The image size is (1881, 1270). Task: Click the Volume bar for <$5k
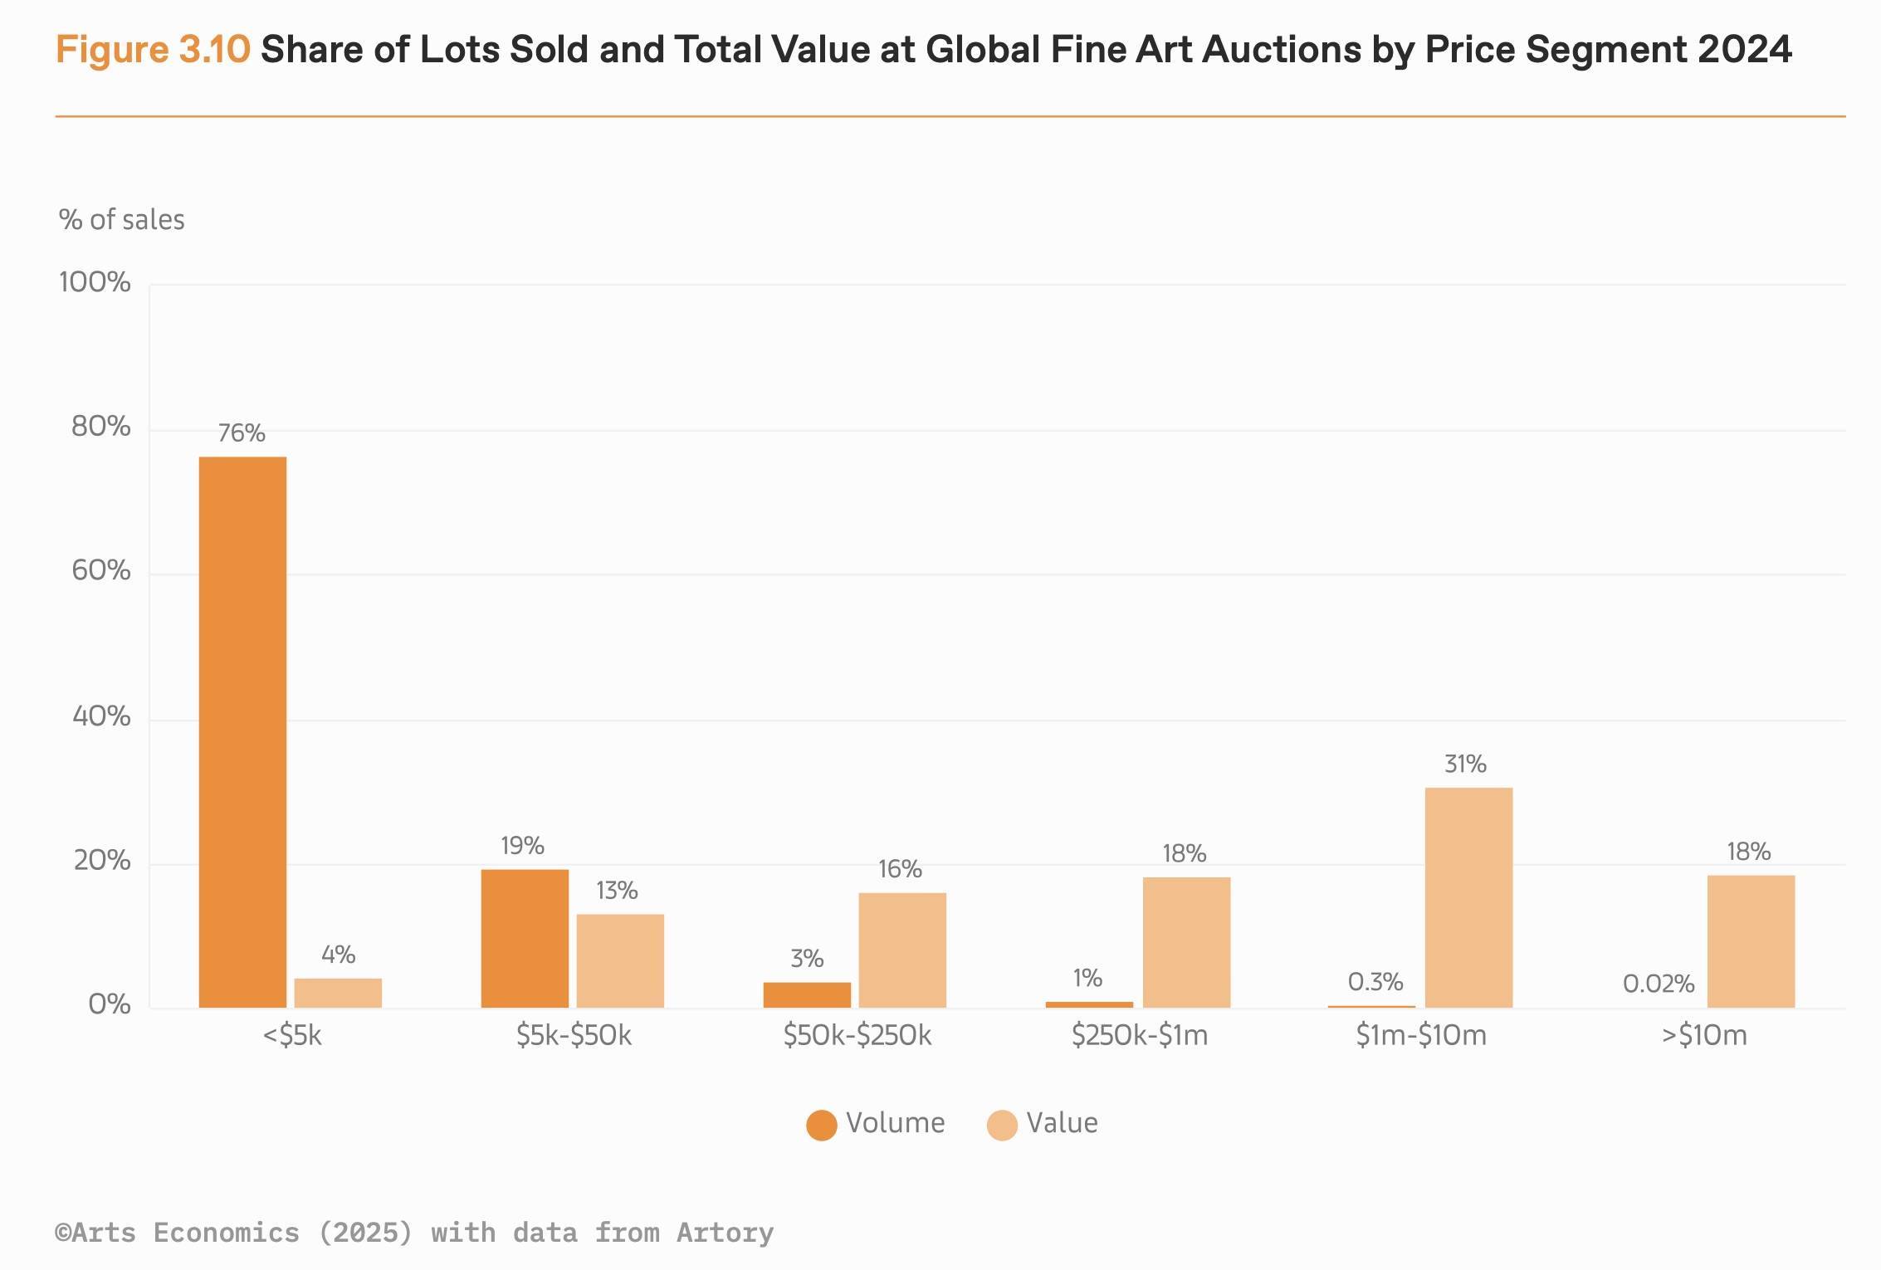pyautogui.click(x=242, y=732)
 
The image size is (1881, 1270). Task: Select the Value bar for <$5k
pyautogui.click(x=338, y=993)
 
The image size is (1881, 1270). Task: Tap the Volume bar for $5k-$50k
pyautogui.click(x=525, y=939)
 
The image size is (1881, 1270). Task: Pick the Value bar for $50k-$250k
pyautogui.click(x=902, y=950)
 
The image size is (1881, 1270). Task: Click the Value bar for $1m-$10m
pyautogui.click(x=1468, y=897)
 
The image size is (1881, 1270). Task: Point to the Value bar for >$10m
pyautogui.click(x=1751, y=941)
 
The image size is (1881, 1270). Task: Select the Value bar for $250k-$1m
pyautogui.click(x=1186, y=942)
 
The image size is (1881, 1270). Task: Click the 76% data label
pyautogui.click(x=242, y=433)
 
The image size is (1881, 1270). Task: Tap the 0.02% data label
pyautogui.click(x=1658, y=984)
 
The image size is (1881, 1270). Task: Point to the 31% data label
pyautogui.click(x=1465, y=764)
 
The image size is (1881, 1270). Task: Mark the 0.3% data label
pyautogui.click(x=1375, y=983)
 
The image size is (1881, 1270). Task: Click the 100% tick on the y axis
pyautogui.click(x=95, y=283)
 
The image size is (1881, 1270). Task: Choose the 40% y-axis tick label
pyautogui.click(x=101, y=716)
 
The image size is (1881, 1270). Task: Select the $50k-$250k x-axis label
pyautogui.click(x=857, y=1036)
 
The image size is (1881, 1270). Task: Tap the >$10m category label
pyautogui.click(x=1704, y=1036)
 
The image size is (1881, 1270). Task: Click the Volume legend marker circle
pyautogui.click(x=821, y=1126)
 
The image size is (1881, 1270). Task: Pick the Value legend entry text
pyautogui.click(x=1062, y=1123)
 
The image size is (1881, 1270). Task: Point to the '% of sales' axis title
pyautogui.click(x=122, y=220)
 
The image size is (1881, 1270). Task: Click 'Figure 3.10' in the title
pyautogui.click(x=153, y=50)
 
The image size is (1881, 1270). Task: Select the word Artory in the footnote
pyautogui.click(x=725, y=1233)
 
